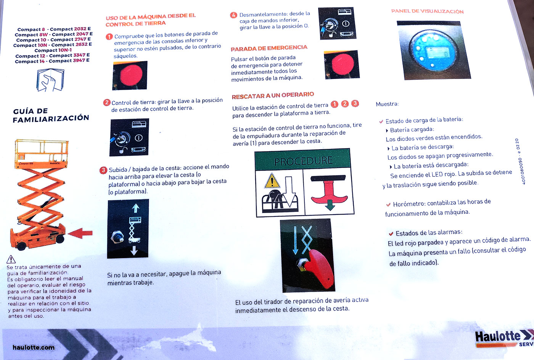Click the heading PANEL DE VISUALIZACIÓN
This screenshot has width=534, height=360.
[427, 11]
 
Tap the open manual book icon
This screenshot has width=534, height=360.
[50, 80]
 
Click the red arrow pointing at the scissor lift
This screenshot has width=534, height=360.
[80, 233]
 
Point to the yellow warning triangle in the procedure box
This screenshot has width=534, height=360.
[272, 181]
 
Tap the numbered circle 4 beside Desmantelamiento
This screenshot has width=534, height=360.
[233, 15]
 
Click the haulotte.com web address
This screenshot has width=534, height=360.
[34, 347]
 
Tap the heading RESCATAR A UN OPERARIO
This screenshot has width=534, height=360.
[273, 95]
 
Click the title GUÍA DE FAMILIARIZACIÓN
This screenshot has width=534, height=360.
[51, 115]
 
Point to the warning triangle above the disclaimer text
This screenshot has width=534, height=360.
[11, 259]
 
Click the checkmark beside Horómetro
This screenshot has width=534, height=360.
[388, 205]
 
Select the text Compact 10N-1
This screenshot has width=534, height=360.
[53, 50]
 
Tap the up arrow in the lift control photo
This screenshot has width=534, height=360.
[136, 208]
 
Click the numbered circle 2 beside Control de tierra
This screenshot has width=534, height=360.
[106, 103]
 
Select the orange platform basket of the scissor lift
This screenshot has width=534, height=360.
[42, 154]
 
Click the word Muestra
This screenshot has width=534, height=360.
[387, 104]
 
